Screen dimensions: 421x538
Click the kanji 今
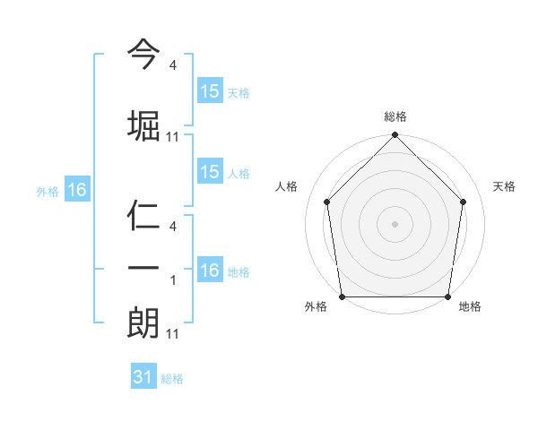point(143,56)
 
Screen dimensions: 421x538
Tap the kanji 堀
point(143,125)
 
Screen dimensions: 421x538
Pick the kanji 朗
point(143,322)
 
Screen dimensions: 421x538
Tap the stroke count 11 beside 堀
point(173,137)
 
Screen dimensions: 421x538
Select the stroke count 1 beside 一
point(173,279)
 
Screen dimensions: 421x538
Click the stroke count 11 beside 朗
point(173,334)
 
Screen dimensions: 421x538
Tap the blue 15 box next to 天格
point(210,91)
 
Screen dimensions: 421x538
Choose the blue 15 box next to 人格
point(210,172)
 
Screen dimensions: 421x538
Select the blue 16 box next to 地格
point(210,271)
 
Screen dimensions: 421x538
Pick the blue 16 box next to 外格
point(76,190)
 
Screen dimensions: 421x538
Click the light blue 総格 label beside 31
point(172,379)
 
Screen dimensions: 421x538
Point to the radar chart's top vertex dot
point(395,135)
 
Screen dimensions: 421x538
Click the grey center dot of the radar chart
point(395,223)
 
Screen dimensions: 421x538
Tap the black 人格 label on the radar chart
point(287,186)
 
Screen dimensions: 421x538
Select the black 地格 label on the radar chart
point(470,307)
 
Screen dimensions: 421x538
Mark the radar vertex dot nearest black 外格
point(342,296)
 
